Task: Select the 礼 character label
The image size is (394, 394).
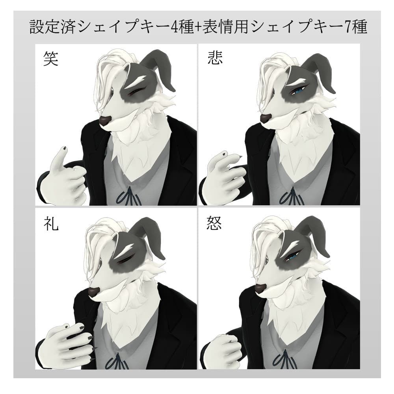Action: [51, 223]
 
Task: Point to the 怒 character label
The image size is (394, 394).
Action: [215, 223]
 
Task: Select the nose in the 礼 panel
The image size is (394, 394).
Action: [94, 292]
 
